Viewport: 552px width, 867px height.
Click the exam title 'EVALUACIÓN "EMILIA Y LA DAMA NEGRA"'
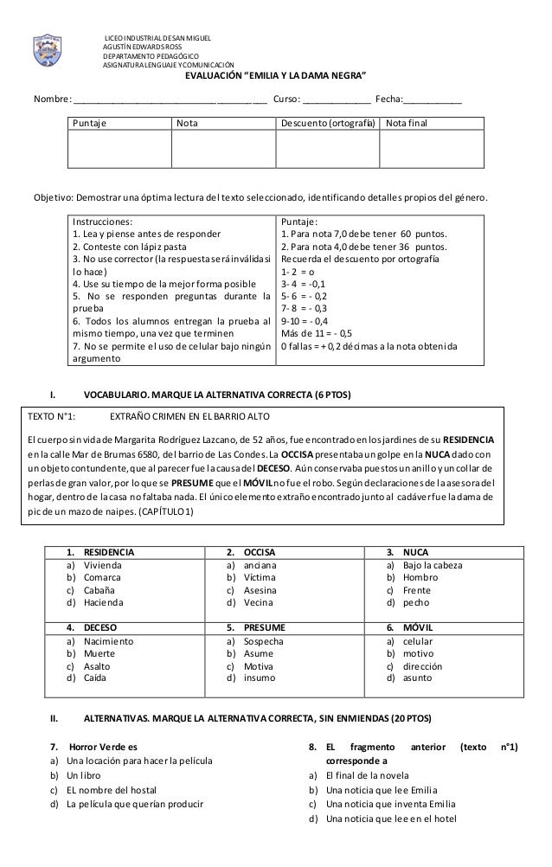(x=276, y=75)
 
